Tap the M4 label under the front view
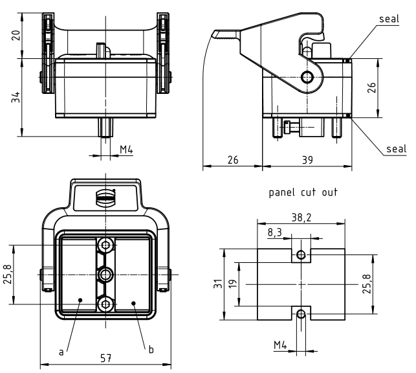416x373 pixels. tap(126, 150)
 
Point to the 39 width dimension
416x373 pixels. tap(307, 159)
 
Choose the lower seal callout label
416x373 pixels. tap(396, 149)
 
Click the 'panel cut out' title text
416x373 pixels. tap(303, 192)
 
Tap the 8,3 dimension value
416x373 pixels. tap(275, 231)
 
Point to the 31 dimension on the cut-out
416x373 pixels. tap(219, 284)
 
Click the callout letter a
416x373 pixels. tap(61, 352)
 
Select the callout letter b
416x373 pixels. tap(151, 350)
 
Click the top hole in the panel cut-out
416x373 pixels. tap(300, 254)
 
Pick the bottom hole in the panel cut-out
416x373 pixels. tap(300, 315)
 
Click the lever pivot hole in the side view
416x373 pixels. tap(307, 78)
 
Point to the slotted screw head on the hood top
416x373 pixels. tap(105, 196)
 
